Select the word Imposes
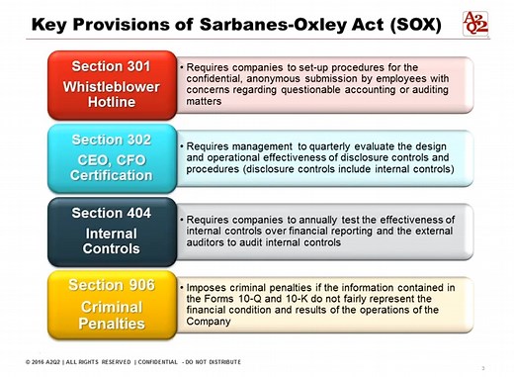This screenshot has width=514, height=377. (x=209, y=287)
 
